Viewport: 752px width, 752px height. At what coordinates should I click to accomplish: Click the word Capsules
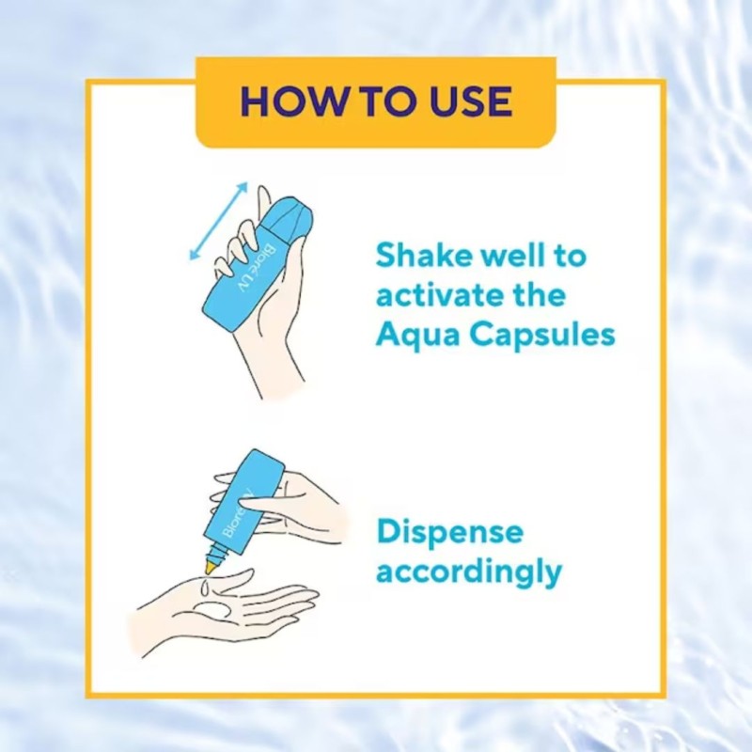click(x=542, y=335)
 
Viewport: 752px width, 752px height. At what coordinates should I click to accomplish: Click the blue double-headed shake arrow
click(x=219, y=221)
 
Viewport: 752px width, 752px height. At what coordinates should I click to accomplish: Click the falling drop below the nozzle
click(x=205, y=585)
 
